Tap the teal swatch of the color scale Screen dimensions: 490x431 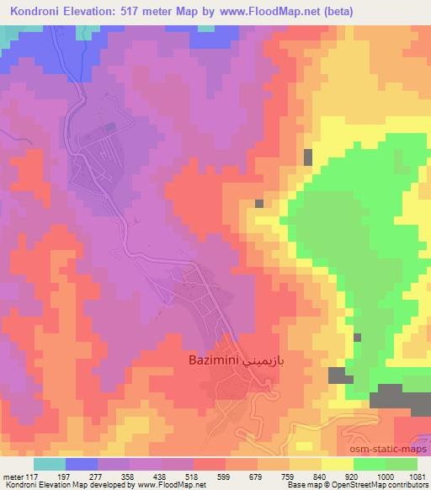pos(50,464)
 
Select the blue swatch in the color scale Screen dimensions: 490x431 pos(82,464)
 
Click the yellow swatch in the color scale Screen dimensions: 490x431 pos(337,464)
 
